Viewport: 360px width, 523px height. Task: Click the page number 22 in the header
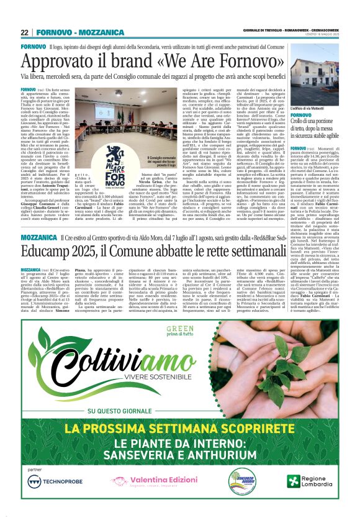[24, 32]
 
